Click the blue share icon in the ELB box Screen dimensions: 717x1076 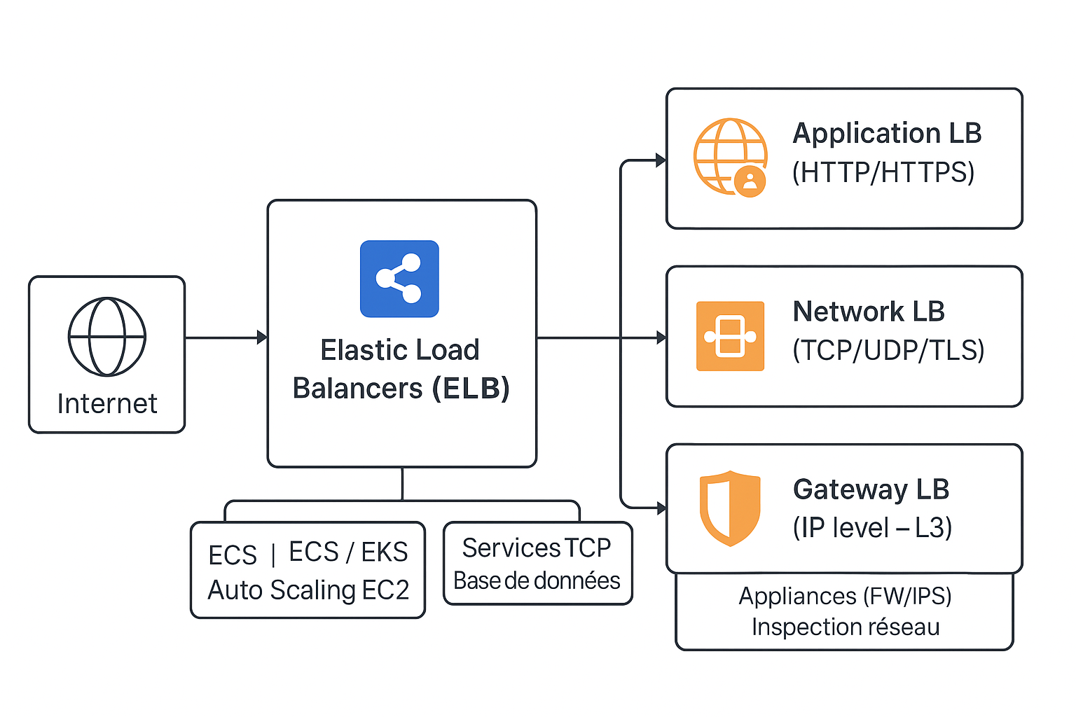coord(399,279)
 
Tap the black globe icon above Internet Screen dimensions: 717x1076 coord(107,337)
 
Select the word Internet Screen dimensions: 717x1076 coord(107,404)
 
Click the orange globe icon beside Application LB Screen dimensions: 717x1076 coord(730,157)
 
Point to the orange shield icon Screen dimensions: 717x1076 coord(730,508)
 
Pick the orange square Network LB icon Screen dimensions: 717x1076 coord(730,336)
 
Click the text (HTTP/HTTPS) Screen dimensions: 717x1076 coord(883,172)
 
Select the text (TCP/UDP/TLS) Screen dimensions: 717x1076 coord(888,350)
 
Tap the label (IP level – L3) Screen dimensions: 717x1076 coord(872,528)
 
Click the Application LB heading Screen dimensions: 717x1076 coord(887,133)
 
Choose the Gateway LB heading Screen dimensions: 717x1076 coord(871,489)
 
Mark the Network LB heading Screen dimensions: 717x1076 coord(869,312)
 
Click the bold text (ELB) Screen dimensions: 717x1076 coord(471,389)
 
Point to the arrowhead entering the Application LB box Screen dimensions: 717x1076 coord(661,160)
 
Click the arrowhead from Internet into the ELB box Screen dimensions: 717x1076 coord(262,337)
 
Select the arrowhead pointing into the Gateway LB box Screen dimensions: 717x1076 coord(661,508)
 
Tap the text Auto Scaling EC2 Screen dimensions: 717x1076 coord(308,590)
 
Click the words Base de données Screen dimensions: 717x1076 coord(537,581)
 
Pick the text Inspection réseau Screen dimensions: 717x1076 coord(846,627)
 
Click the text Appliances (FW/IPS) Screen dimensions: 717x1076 coord(845,596)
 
